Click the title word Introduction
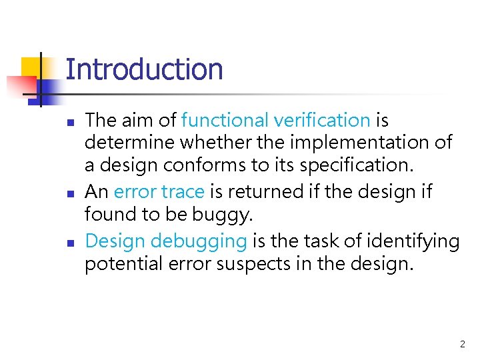coord(144,69)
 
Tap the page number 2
coord(462,344)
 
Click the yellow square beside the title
coord(31,67)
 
